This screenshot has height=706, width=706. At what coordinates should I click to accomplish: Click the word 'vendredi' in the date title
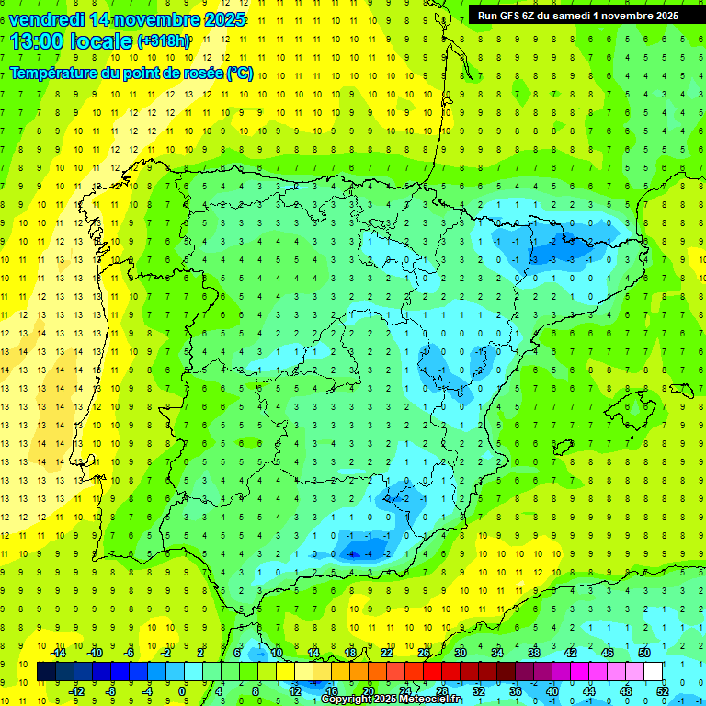point(47,19)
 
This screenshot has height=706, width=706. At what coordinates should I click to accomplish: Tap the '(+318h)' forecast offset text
point(164,41)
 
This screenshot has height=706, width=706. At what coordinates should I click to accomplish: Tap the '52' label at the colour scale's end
point(663,690)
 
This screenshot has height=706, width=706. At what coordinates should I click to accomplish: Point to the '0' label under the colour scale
point(183,690)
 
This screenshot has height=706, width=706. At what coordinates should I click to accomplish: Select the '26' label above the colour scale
point(424,653)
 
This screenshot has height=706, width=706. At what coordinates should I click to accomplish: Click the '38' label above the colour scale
point(534,653)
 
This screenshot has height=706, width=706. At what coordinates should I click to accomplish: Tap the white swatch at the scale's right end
point(654,671)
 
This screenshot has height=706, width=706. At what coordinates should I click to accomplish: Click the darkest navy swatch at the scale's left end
point(46,671)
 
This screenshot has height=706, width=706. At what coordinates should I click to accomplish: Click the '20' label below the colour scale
point(369,690)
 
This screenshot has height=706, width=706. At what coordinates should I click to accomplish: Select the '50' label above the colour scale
point(644,653)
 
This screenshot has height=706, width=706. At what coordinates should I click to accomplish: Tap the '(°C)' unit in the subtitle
point(239,73)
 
